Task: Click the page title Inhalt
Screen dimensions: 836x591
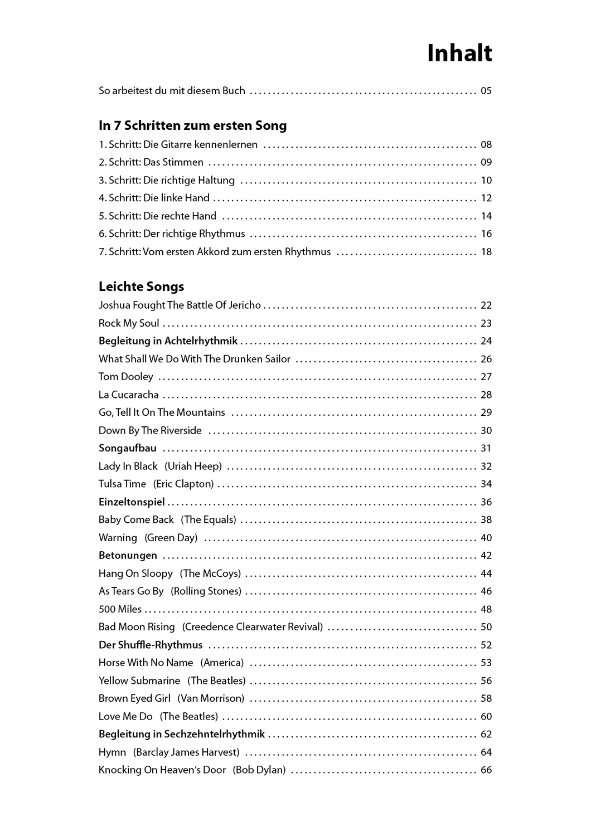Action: [x=459, y=54]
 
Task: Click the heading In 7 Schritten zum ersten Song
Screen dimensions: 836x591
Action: [x=192, y=125]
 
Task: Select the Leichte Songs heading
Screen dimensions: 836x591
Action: [x=141, y=286]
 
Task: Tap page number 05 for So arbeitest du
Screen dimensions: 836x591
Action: [x=486, y=91]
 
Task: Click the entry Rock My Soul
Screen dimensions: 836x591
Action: [x=129, y=323]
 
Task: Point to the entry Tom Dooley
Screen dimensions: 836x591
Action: [x=125, y=377]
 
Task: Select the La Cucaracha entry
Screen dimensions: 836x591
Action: [x=128, y=395]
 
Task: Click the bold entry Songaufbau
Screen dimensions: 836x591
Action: [x=128, y=448]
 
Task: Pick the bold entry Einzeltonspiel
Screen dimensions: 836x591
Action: [x=132, y=502]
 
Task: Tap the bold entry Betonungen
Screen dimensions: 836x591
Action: [x=128, y=556]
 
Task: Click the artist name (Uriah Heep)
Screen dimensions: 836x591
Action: [x=193, y=466]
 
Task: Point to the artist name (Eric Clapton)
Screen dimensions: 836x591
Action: [x=183, y=484]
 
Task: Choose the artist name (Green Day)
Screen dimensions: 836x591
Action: [x=171, y=538]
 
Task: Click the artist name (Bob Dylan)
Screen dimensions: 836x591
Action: [x=259, y=770]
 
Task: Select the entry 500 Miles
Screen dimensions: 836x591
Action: [x=120, y=609]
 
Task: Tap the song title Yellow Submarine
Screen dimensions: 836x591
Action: [x=139, y=681]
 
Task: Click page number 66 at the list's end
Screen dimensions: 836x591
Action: [x=486, y=770]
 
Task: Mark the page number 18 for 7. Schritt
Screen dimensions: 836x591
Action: [x=486, y=252]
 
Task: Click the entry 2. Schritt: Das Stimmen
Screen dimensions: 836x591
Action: [x=151, y=162]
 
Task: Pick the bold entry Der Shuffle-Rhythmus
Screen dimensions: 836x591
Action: [x=151, y=645]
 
